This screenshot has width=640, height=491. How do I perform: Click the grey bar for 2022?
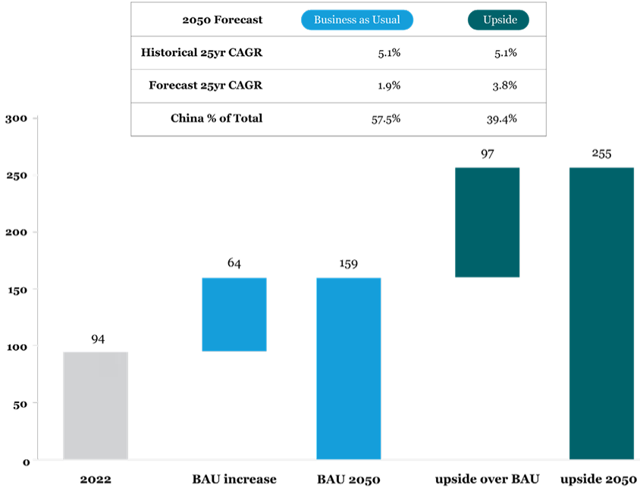pyautogui.click(x=96, y=405)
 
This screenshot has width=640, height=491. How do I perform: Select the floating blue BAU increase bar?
pyautogui.click(x=234, y=314)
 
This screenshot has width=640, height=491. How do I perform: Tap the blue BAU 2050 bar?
pyautogui.click(x=348, y=368)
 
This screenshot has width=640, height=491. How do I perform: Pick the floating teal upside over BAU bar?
pyautogui.click(x=487, y=222)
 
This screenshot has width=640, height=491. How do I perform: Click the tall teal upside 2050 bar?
pyautogui.click(x=601, y=313)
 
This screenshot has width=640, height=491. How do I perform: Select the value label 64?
pyautogui.click(x=234, y=264)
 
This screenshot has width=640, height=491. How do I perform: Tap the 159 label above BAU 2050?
pyautogui.click(x=348, y=264)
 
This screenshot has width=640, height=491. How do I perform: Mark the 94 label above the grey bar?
pyautogui.click(x=97, y=339)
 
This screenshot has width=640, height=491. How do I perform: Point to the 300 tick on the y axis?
pyautogui.click(x=16, y=118)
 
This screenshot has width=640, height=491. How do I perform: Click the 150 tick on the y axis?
pyautogui.click(x=16, y=289)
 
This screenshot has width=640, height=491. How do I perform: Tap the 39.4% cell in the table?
pyautogui.click(x=501, y=119)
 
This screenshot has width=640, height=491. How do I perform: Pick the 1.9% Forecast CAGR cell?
pyautogui.click(x=389, y=86)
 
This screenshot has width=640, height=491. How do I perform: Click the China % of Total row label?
pyautogui.click(x=216, y=118)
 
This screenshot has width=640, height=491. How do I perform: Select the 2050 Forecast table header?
pyautogui.click(x=223, y=20)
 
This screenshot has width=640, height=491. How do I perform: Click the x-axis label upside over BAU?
pyautogui.click(x=487, y=479)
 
